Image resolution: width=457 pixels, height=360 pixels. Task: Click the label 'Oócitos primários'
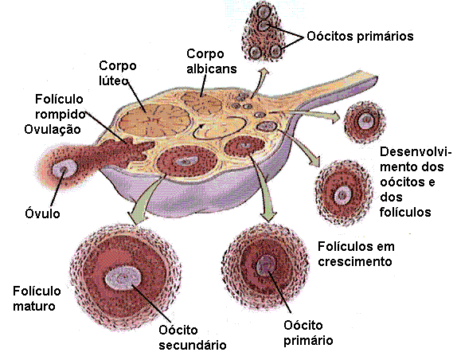click(x=360, y=37)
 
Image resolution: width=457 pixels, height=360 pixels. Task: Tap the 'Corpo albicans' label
click(x=211, y=61)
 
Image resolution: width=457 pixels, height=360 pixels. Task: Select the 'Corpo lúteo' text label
click(x=118, y=72)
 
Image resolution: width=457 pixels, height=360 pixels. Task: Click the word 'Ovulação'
click(x=53, y=130)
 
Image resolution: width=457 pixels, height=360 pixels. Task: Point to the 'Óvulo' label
click(x=42, y=213)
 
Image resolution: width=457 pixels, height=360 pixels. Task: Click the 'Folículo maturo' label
click(x=37, y=299)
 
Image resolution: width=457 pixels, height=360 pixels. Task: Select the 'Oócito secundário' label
click(x=193, y=338)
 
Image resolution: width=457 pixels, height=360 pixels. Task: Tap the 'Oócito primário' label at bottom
click(x=308, y=333)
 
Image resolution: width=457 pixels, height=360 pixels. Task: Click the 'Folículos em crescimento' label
click(x=356, y=254)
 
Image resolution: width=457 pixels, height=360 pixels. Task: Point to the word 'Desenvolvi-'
click(x=416, y=152)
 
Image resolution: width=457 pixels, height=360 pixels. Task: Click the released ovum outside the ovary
click(x=64, y=169)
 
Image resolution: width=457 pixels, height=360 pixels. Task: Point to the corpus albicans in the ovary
click(x=201, y=102)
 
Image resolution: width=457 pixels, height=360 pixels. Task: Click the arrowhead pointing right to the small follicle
click(x=334, y=116)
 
